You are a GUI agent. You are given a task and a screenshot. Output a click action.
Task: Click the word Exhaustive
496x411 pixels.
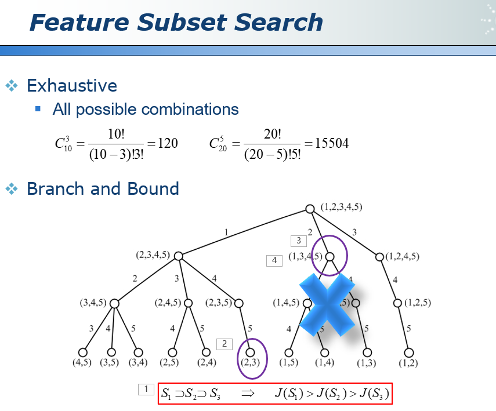[72, 86]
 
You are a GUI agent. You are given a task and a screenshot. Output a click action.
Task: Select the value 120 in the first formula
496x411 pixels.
[168, 143]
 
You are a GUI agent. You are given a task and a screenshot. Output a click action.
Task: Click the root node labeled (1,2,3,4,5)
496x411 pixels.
[310, 209]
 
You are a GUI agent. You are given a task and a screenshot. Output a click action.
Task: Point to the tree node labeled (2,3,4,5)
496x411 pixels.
[179, 256]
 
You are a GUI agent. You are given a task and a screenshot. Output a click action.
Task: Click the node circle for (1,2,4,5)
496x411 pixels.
[379, 256]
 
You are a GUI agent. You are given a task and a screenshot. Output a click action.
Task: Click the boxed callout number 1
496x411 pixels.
[146, 390]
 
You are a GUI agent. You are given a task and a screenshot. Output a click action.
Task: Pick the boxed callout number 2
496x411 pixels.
[225, 344]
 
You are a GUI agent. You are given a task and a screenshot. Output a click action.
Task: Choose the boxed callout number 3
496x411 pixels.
[298, 240]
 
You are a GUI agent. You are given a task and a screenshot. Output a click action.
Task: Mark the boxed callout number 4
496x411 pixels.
[275, 261]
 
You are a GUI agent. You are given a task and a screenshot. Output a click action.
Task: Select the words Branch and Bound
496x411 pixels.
[103, 189]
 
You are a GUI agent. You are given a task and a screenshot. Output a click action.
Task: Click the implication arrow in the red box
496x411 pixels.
[248, 394]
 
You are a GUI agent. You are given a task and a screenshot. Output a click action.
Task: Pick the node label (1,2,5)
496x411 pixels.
[417, 303]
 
